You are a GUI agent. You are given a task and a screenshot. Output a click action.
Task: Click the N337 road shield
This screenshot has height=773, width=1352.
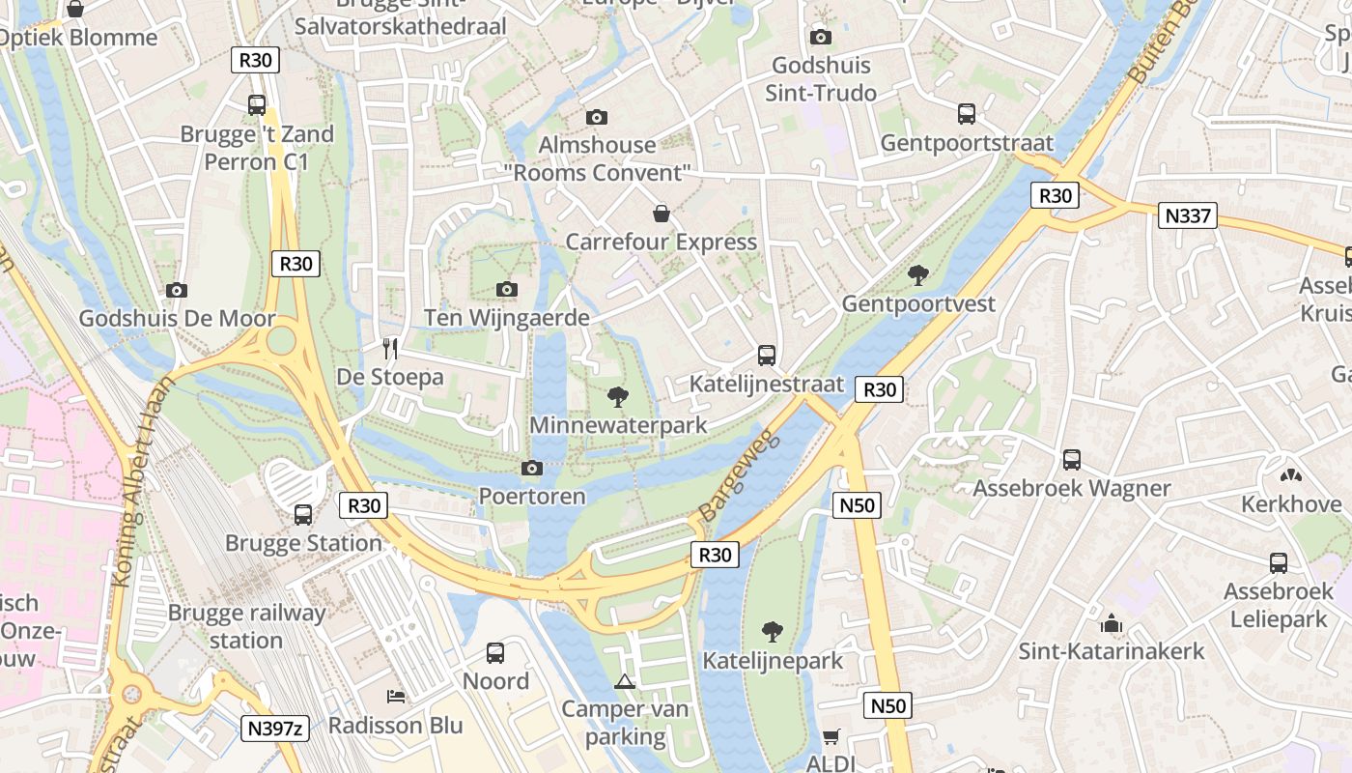pos(1187,215)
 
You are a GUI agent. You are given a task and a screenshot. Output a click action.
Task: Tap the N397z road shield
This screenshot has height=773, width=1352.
pos(274,728)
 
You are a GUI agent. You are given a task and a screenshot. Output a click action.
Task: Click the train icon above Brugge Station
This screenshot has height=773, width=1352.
pos(303,515)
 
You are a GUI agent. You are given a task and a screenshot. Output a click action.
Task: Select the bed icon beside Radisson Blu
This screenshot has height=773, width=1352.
pos(396,697)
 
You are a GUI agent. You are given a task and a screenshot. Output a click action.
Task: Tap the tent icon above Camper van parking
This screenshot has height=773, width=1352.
pos(626,681)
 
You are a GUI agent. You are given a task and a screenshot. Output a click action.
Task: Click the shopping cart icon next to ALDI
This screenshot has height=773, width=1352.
pos(831,736)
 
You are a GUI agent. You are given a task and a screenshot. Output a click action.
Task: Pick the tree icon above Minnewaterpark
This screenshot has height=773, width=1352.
pos(618,396)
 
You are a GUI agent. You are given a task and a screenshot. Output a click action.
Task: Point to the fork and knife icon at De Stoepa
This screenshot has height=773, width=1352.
pos(390,348)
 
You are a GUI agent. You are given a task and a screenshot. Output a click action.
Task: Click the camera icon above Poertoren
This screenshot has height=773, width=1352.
pos(531,469)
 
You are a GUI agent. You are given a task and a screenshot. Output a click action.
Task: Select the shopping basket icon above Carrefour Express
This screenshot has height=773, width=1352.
pos(662,213)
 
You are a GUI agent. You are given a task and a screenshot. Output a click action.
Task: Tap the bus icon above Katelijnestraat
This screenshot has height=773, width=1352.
pos(767,356)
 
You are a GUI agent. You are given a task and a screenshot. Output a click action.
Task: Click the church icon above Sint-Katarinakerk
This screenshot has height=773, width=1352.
pos(1112,623)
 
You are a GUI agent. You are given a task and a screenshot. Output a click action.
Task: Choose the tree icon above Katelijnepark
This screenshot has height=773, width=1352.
pos(772,632)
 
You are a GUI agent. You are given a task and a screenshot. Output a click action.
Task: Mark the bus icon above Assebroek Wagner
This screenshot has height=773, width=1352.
pos(1072,460)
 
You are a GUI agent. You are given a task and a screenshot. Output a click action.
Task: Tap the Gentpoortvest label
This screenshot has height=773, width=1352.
pos(918,303)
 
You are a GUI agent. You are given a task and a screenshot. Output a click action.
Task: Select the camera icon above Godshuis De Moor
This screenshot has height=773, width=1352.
pos(176,290)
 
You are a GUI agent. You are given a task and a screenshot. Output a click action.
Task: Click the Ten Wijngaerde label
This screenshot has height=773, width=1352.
pos(507,318)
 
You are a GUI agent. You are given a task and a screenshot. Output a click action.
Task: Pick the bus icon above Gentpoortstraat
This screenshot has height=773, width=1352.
pos(967,114)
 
